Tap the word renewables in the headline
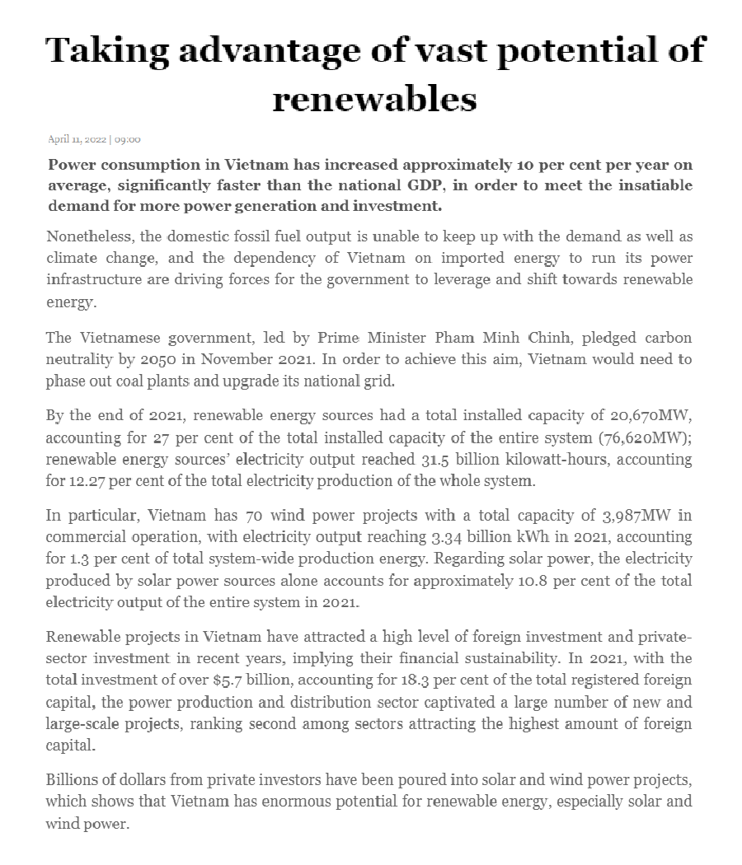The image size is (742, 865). point(374,99)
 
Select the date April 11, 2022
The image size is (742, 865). point(77,139)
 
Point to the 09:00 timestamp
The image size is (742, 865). point(128,139)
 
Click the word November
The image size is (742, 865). point(266,359)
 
